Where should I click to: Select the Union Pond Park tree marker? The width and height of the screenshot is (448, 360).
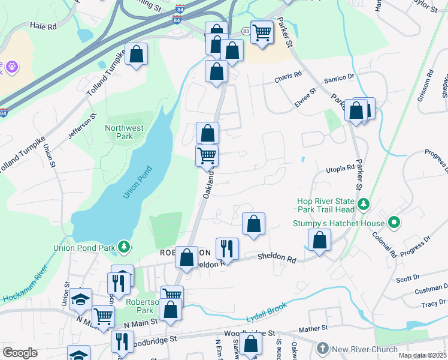click(x=123, y=247)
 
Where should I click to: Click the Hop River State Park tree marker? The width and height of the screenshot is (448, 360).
click(x=363, y=205)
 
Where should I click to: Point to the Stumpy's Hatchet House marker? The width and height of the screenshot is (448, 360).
click(x=393, y=223)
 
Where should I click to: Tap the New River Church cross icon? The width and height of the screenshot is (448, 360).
click(x=322, y=349)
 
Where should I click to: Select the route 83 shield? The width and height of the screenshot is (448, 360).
click(x=246, y=31)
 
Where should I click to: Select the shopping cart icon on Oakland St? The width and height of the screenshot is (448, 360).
click(x=207, y=155)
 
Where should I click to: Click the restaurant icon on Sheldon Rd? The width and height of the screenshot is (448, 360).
click(x=227, y=247)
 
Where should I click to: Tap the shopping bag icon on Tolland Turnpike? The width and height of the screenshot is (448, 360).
click(x=136, y=54)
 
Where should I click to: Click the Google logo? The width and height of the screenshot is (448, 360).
click(x=20, y=353)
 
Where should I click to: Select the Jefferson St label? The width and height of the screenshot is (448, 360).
click(x=82, y=128)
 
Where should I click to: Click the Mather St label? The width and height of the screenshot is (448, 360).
click(x=314, y=329)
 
